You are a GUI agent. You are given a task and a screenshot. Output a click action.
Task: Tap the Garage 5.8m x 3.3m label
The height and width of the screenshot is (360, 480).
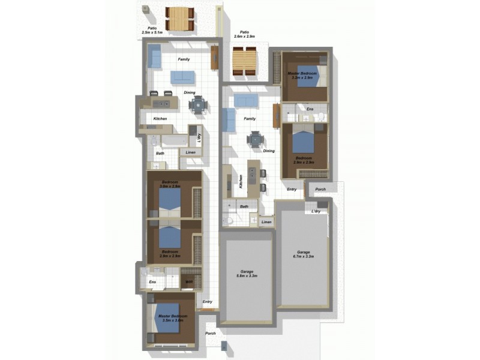[246, 274]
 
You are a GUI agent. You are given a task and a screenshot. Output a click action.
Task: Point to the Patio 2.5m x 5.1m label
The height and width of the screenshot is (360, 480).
[152, 31]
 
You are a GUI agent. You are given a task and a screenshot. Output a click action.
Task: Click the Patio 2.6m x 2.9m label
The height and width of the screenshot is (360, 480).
[245, 35]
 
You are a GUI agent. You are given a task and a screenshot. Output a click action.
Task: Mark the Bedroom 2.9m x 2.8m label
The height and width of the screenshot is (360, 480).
[170, 253]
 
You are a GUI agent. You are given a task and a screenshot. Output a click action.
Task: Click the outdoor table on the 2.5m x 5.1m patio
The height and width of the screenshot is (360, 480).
[179, 18]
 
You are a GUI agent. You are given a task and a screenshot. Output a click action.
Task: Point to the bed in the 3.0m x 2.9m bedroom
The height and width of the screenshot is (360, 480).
[170, 198]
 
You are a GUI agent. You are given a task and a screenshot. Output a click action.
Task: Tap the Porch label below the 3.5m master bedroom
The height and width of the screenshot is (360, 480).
[211, 334]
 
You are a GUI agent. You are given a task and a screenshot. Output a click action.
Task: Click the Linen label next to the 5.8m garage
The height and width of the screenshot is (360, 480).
[266, 223]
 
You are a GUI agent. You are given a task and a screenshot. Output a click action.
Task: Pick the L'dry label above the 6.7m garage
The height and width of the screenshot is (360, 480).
[316, 211]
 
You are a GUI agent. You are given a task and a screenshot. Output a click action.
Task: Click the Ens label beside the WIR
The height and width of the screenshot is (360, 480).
[152, 281]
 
